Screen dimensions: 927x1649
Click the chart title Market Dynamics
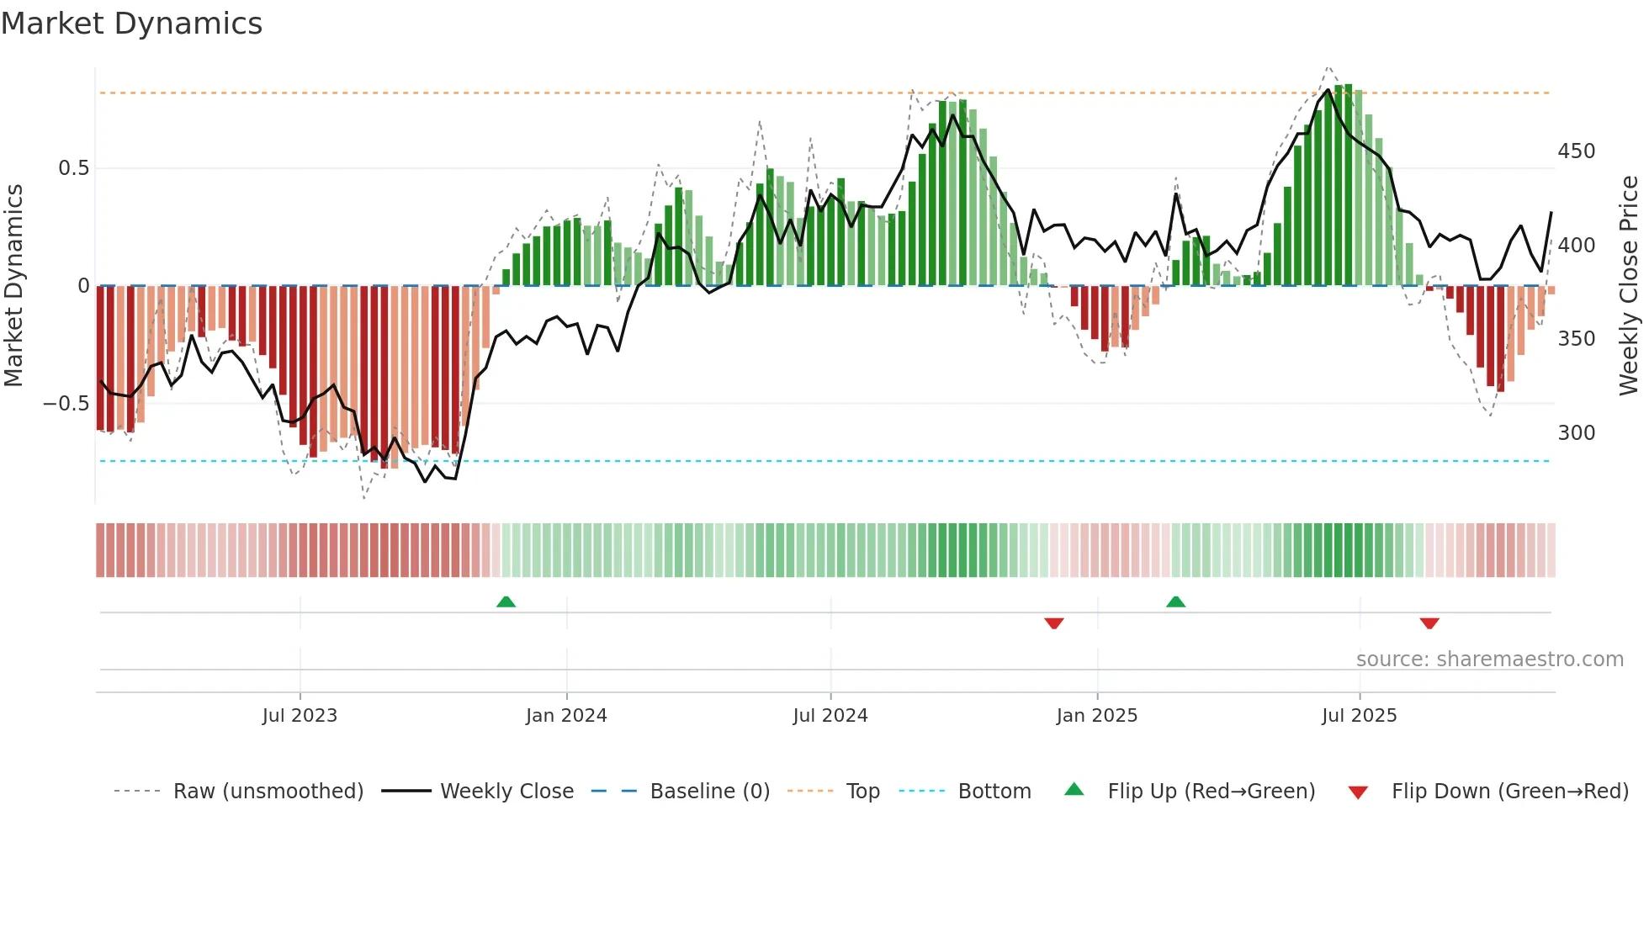pos(132,24)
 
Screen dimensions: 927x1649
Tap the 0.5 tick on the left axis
pos(74,168)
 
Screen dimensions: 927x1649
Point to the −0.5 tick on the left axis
pos(66,404)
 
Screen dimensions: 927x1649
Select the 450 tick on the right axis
pos(1576,151)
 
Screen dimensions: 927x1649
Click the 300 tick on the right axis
pos(1576,433)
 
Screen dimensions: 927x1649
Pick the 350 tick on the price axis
pos(1576,339)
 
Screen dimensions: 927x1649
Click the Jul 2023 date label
pos(300,716)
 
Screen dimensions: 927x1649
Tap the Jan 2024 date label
pos(566,716)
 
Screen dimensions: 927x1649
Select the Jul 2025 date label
pos(1359,716)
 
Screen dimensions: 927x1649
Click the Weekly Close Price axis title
pos(1629,286)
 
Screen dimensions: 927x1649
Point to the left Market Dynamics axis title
pos(13,286)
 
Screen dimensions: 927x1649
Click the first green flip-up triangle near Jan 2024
pos(506,602)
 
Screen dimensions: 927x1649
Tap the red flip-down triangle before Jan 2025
pos(1054,623)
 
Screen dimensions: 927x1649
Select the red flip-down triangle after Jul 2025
pos(1429,623)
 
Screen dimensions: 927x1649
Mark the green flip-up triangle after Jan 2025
pos(1175,602)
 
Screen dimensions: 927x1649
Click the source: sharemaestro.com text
pos(1489,659)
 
